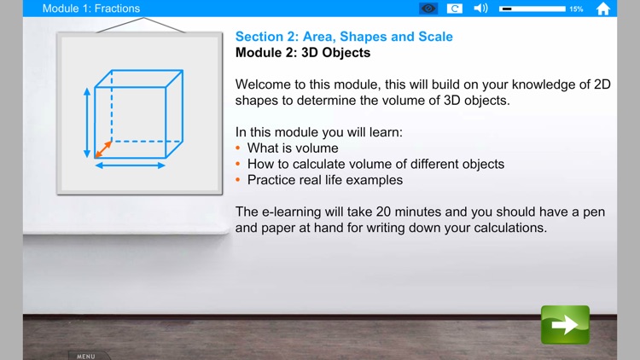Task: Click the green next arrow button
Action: [565, 324]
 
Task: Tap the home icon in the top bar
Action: [603, 9]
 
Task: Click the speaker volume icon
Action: [481, 9]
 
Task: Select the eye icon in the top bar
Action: [428, 9]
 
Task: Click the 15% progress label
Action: [576, 9]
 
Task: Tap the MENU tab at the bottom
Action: [86, 356]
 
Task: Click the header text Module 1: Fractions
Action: [91, 9]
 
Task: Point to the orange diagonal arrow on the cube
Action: [102, 148]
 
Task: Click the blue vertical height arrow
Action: [86, 121]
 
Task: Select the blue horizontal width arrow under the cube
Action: [130, 165]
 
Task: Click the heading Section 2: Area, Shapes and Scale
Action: [344, 37]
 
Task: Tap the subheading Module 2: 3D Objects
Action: [303, 53]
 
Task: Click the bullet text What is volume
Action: [293, 148]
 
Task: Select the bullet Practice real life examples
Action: [325, 180]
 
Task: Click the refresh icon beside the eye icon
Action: [455, 9]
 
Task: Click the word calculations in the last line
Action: [505, 228]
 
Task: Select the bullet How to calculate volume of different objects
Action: [375, 164]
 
